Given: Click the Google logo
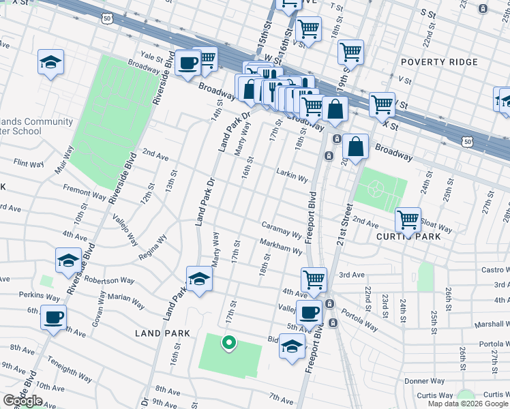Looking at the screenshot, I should tap(22, 401).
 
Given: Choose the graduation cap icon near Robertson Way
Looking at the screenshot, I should tap(67, 260).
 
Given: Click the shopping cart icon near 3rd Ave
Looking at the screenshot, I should tap(314, 278).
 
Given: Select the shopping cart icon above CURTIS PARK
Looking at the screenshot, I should tap(408, 219).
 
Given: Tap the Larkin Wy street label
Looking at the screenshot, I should tap(293, 175).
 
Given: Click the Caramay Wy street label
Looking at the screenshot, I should tap(282, 229).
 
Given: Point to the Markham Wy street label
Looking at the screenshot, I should tap(280, 246).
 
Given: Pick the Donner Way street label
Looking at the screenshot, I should tap(424, 381).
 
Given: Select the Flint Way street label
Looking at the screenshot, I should tap(29, 164).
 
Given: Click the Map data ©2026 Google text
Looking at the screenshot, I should tap(468, 404).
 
